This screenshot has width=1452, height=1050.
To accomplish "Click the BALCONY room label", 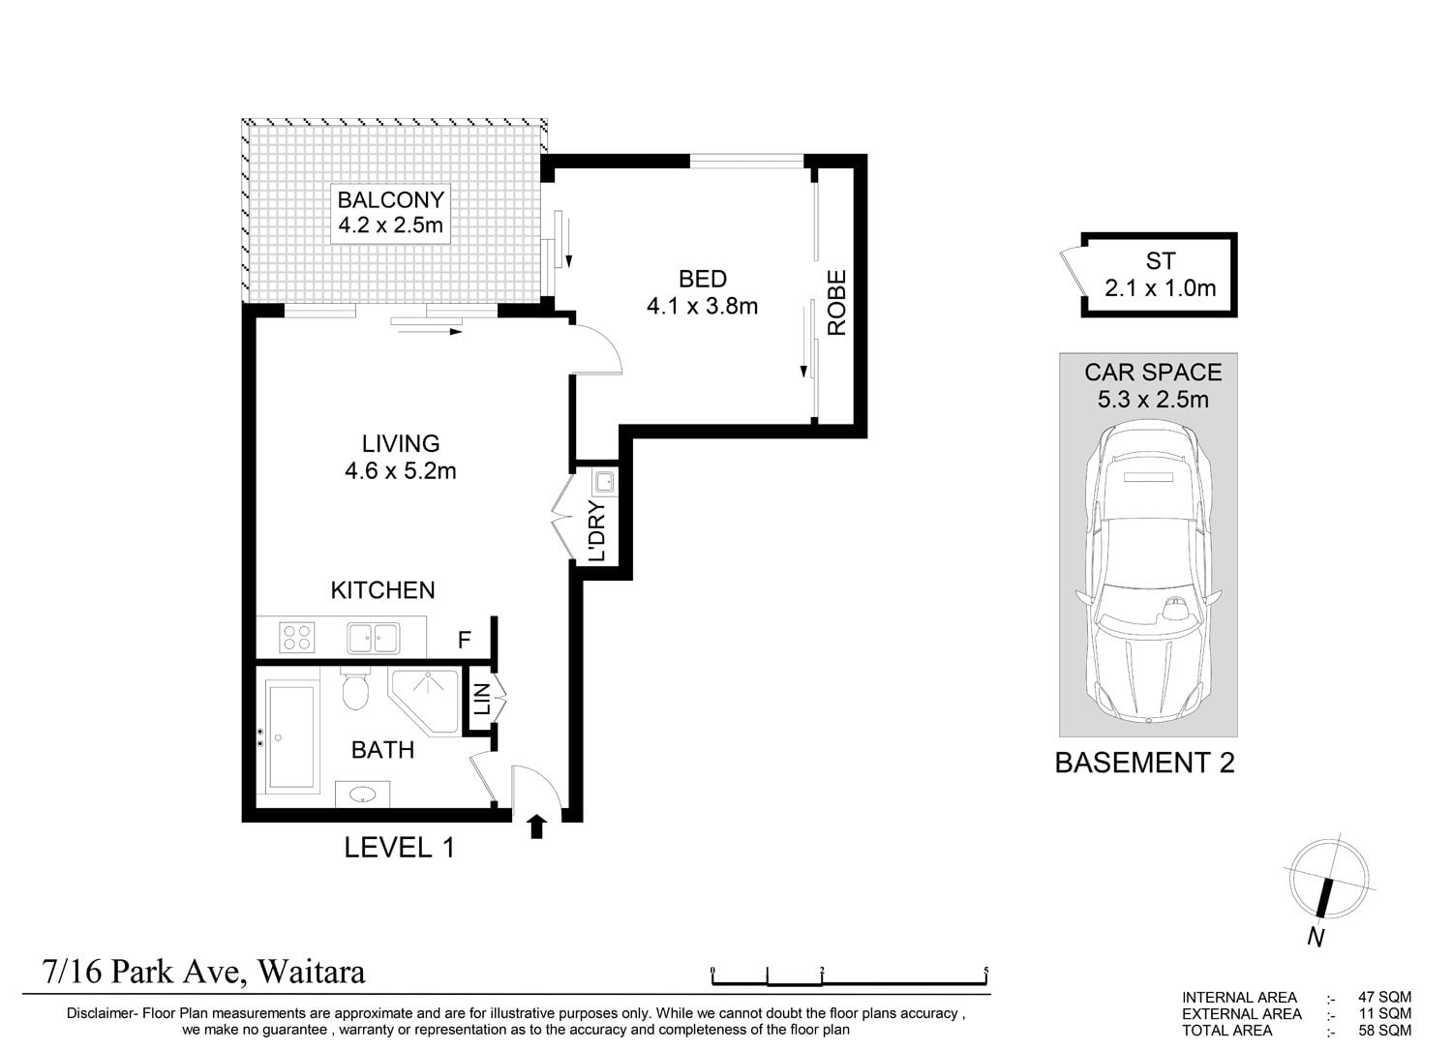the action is click(x=390, y=199).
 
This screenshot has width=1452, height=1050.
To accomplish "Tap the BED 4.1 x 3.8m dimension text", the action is click(x=702, y=305).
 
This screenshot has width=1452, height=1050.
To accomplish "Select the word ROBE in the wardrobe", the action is click(x=837, y=303).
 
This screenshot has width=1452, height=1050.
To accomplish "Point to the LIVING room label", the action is click(x=401, y=443).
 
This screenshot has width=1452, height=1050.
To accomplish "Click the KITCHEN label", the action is click(x=382, y=589).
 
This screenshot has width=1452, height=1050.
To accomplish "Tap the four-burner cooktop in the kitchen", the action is click(x=297, y=637).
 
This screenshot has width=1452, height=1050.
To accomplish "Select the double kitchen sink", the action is click(x=374, y=638).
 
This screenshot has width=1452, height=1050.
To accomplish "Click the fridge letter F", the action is click(x=464, y=640).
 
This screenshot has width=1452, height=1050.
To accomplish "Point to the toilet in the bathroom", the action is click(x=354, y=688).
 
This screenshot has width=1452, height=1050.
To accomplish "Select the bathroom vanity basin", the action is click(x=362, y=794).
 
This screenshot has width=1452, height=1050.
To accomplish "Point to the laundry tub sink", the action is click(x=605, y=482).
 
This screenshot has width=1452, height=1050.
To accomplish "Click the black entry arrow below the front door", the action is click(x=536, y=827).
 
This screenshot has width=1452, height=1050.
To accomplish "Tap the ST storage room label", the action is click(x=1161, y=261).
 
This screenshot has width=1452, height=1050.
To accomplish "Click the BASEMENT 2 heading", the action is click(x=1145, y=763).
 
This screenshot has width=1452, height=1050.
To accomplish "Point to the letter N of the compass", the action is click(x=1316, y=937).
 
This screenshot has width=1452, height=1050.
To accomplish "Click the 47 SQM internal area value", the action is click(x=1384, y=998).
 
